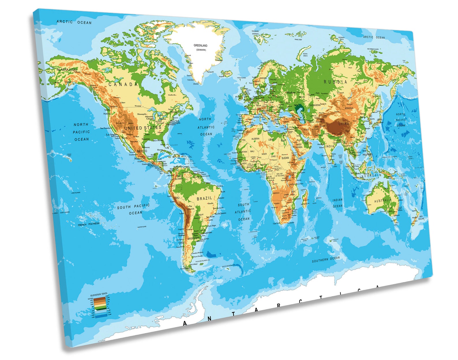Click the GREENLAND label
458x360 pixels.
[200, 46]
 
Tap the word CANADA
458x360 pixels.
[123, 85]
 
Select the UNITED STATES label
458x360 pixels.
[143, 128]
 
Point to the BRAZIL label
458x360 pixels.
[204, 199]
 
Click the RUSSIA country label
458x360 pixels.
[335, 82]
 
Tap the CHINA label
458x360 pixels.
[343, 124]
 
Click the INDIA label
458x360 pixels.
[330, 146]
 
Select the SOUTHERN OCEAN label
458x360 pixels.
[326, 259]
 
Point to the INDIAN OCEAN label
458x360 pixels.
[337, 203]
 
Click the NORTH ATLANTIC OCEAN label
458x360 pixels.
[206, 127]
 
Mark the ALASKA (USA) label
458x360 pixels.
[67, 70]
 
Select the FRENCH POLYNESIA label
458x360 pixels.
[89, 224]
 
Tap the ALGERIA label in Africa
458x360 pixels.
[255, 139]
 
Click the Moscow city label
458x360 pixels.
[291, 92]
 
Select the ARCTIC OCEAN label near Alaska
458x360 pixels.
[74, 22]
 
